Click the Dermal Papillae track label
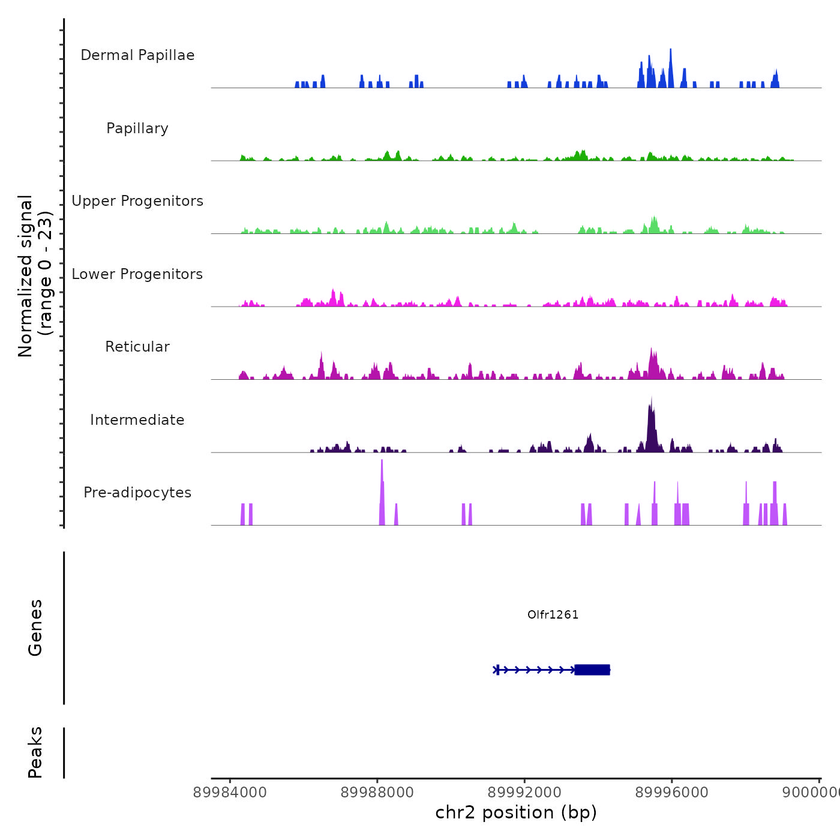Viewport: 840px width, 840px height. tap(137, 55)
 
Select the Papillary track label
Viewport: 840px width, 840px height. tap(137, 128)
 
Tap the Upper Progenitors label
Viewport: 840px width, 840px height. tap(137, 201)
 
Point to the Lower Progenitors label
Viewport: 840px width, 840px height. tap(137, 274)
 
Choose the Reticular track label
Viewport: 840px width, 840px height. tap(137, 347)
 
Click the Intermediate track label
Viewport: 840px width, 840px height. tap(137, 420)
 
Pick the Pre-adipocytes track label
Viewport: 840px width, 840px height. tap(137, 493)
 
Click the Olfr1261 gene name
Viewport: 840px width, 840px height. tap(553, 614)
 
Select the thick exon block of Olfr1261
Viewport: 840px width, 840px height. tap(592, 670)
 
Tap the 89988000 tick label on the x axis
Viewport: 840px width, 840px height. tap(377, 793)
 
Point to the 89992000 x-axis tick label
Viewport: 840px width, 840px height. tap(524, 793)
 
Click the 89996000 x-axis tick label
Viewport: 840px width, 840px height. tap(671, 793)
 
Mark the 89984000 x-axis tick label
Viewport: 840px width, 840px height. tap(230, 793)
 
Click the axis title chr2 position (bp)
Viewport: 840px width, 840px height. tap(516, 812)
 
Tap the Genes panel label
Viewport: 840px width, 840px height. tap(35, 628)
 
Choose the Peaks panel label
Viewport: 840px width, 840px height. tap(35, 752)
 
